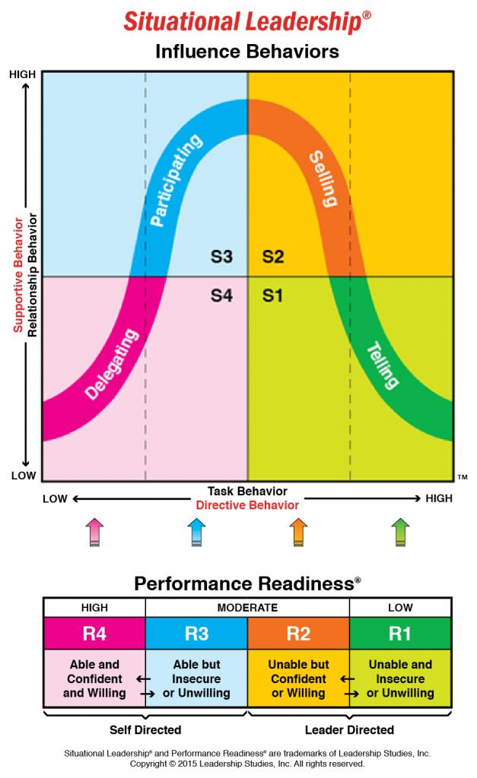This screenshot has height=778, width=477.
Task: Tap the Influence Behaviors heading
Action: pos(246,52)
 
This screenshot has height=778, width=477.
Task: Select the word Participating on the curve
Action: pos(176,180)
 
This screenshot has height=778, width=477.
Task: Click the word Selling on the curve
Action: pos(323,179)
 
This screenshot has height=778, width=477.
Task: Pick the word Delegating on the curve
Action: pos(113,364)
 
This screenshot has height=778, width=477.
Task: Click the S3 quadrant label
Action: pos(221,257)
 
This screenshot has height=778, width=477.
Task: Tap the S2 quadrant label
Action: pos(273,257)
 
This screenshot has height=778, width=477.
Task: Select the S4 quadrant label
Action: pos(221,296)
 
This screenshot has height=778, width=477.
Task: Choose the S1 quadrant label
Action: pos(272,296)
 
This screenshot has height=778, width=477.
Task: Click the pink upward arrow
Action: pos(94,531)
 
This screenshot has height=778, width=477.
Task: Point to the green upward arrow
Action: pos(400,531)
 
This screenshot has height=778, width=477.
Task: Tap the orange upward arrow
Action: pos(298,531)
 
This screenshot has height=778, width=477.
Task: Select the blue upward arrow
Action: pos(196,531)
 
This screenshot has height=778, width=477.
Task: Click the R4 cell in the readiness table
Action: pos(94,633)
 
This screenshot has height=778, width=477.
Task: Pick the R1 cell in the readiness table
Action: pos(400,633)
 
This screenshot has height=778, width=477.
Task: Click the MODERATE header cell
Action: pos(247,608)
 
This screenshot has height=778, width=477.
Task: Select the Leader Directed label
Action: pos(349,729)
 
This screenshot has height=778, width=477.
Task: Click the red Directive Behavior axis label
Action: pos(247,504)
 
